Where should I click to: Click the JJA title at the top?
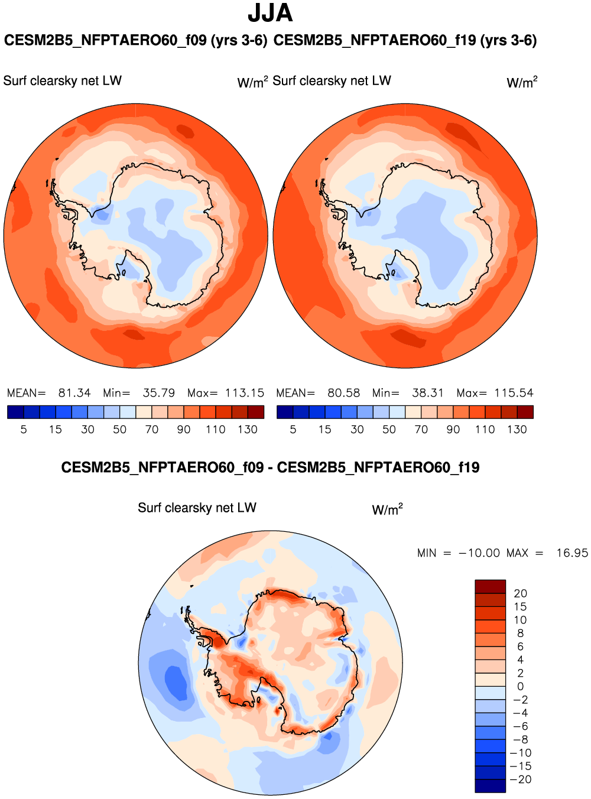[x=270, y=13]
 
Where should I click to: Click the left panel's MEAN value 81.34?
[x=74, y=393]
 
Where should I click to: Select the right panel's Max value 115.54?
[x=514, y=393]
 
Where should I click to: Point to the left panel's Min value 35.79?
[x=158, y=393]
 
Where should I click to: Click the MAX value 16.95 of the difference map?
[x=571, y=553]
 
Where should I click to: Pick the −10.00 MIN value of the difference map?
[x=479, y=553]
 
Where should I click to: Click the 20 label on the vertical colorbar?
[x=520, y=593]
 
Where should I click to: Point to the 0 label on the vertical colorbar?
[x=520, y=687]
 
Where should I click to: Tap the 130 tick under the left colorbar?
[x=248, y=430]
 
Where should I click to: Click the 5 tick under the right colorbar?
[x=293, y=430]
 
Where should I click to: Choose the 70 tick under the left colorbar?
[x=152, y=430]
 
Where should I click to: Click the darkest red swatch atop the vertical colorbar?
[x=490, y=586]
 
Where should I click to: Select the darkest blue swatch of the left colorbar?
[x=15, y=412]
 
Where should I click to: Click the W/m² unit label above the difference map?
[x=387, y=509]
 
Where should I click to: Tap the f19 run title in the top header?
[x=405, y=40]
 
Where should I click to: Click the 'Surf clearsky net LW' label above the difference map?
[x=197, y=508]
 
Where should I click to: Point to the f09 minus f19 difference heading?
[x=270, y=467]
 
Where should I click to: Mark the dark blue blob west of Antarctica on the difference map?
[x=175, y=681]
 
